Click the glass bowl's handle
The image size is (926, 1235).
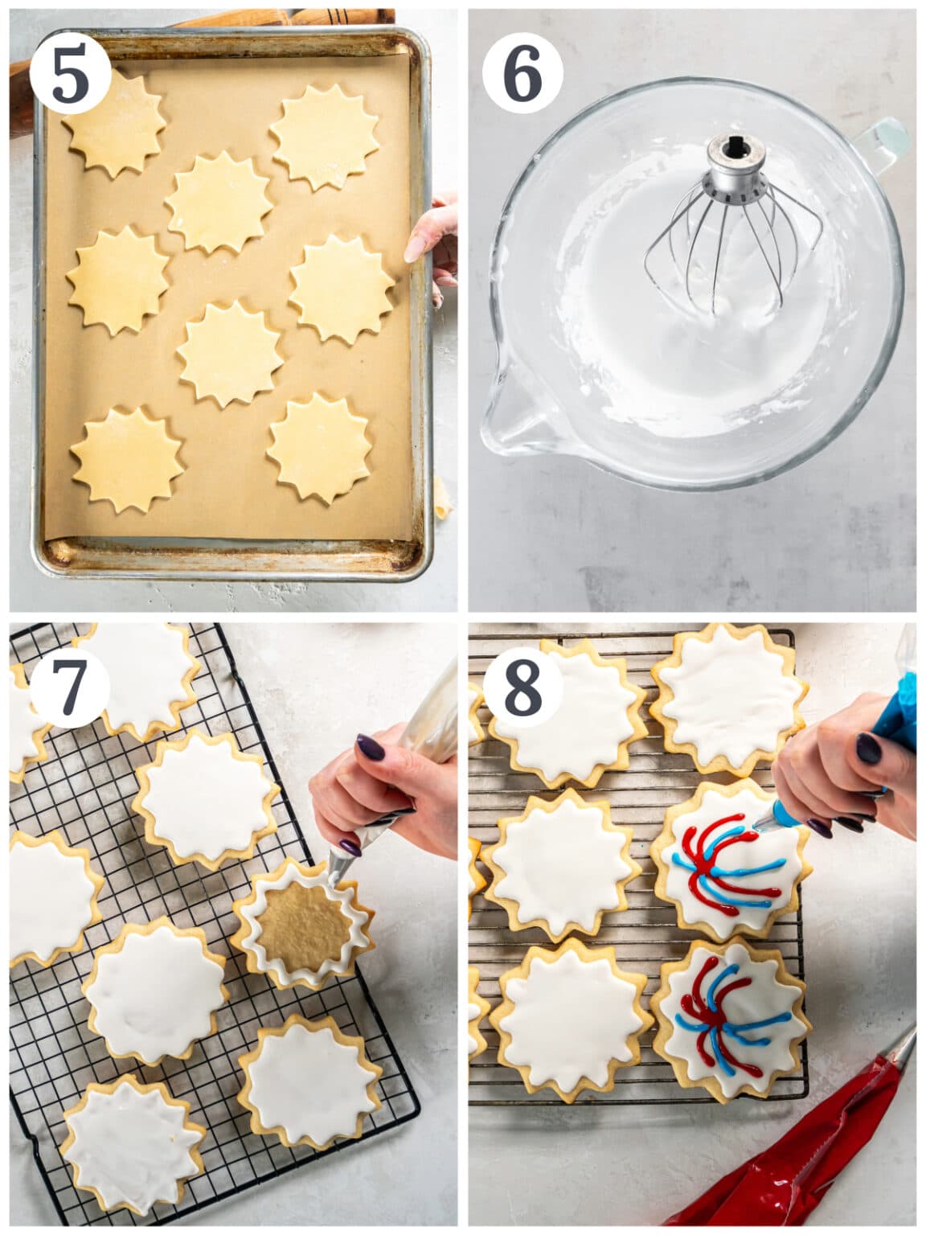click(884, 145)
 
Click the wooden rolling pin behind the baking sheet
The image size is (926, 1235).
click(24, 88)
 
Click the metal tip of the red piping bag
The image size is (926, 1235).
click(903, 1045)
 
